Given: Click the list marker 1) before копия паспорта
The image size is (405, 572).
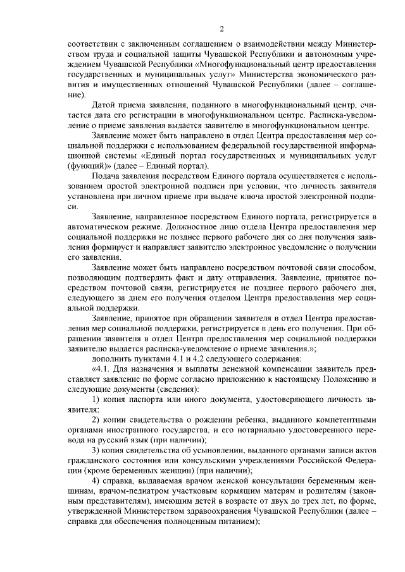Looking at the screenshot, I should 97,398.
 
